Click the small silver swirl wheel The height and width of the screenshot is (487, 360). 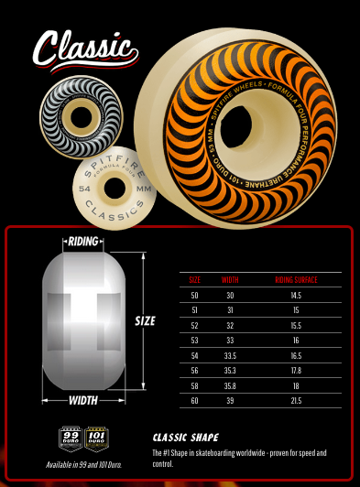(76, 118)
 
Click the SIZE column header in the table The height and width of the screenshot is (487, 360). (194, 279)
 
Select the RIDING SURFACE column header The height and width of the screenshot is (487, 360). (297, 279)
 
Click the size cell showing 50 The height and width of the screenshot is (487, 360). (194, 295)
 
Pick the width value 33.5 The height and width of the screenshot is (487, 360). (229, 354)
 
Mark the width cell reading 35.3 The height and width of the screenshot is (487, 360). (229, 370)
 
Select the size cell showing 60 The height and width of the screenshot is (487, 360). (194, 400)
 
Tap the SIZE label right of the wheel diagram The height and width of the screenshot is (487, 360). (146, 321)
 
